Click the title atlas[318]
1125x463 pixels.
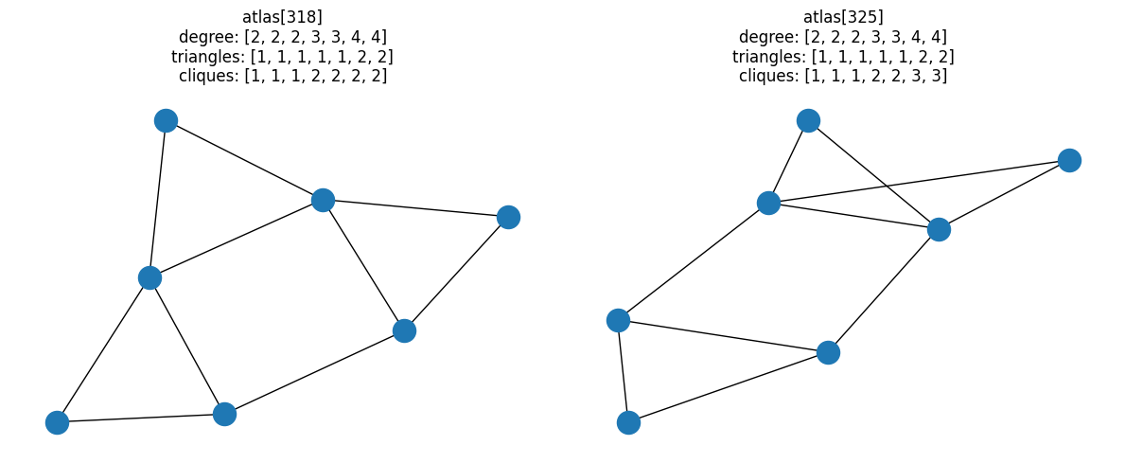point(282,16)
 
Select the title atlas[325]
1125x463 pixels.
point(843,16)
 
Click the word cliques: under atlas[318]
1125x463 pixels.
point(208,77)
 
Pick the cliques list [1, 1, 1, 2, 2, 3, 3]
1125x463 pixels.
point(875,77)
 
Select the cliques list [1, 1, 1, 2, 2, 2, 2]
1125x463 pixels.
point(315,77)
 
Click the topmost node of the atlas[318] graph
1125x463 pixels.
point(166,120)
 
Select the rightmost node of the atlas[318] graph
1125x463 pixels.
point(508,217)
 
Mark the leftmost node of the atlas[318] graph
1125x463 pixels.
point(57,422)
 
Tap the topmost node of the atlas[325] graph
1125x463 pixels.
point(808,120)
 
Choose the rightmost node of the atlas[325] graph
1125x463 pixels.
point(1069,160)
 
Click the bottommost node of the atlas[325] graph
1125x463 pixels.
point(628,422)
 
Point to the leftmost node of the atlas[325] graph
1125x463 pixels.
point(618,320)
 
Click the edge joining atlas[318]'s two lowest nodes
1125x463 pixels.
point(140,418)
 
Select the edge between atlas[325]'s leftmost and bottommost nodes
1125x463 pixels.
point(623,371)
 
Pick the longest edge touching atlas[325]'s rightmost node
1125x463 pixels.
point(919,182)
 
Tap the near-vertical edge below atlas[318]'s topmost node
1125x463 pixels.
point(158,199)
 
